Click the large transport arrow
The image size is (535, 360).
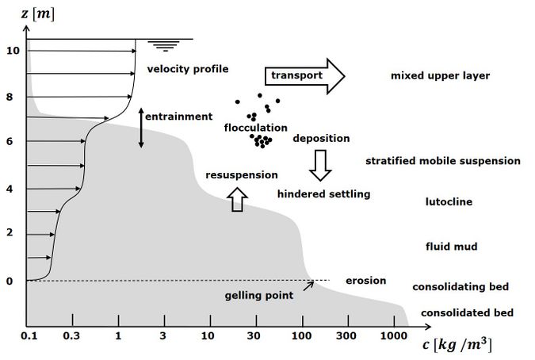304,76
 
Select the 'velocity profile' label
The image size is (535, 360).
188,69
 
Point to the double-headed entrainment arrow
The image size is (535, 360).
141,128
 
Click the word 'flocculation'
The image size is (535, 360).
255,128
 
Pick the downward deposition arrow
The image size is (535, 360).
320,165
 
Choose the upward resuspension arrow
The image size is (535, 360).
238,200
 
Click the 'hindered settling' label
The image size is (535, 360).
323,194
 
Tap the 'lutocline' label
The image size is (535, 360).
449,201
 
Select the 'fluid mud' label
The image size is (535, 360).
452,247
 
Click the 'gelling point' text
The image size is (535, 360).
259,295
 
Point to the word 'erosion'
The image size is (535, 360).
365,281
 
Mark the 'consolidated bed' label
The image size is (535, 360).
467,312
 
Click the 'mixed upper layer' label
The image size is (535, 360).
440,75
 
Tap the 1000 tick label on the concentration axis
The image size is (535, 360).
393,335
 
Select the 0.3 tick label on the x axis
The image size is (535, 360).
71,335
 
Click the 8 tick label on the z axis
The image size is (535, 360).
10,97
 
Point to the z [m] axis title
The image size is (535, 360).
37,14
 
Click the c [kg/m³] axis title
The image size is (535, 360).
457,345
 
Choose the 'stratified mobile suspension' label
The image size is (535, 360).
443,161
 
